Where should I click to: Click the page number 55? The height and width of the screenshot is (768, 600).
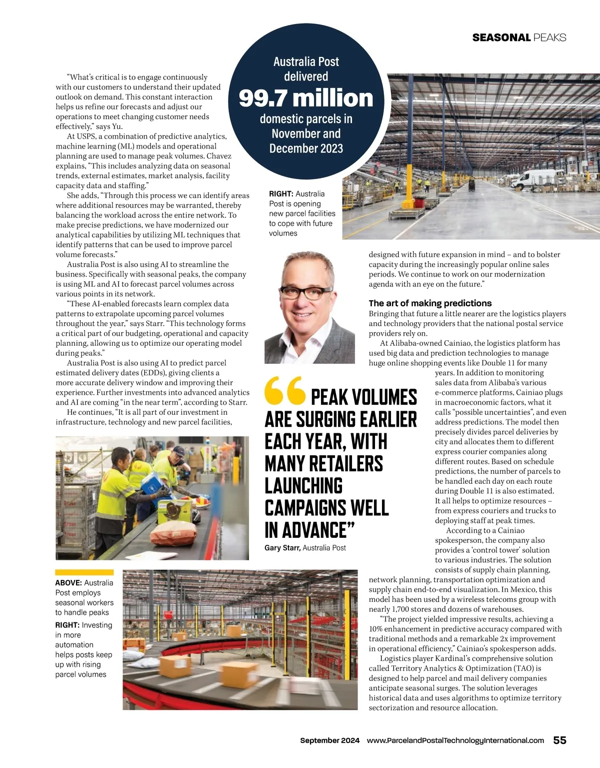pyautogui.click(x=559, y=740)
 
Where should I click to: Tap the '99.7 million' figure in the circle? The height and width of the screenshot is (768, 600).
pyautogui.click(x=306, y=98)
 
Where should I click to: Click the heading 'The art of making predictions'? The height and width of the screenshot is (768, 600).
pyautogui.click(x=430, y=303)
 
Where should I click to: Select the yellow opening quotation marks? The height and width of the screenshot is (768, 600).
pyautogui.click(x=284, y=390)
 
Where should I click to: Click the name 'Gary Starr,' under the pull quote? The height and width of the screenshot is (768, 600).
pyautogui.click(x=282, y=548)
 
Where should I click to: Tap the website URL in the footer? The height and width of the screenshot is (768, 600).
pyautogui.click(x=455, y=740)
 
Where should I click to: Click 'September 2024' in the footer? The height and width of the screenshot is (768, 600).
pyautogui.click(x=329, y=740)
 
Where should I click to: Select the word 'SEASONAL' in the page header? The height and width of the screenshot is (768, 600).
pyautogui.click(x=501, y=38)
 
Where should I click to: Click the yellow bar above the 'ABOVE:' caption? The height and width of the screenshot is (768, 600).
pyautogui.click(x=84, y=572)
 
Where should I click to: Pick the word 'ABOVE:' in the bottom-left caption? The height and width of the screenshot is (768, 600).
pyautogui.click(x=68, y=583)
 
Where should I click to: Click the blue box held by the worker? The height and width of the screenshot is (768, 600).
pyautogui.click(x=152, y=483)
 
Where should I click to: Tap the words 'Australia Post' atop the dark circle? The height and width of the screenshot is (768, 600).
pyautogui.click(x=306, y=62)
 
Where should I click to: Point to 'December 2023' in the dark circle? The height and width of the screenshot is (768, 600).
pyautogui.click(x=306, y=149)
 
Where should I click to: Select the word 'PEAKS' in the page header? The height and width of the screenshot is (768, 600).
pyautogui.click(x=549, y=38)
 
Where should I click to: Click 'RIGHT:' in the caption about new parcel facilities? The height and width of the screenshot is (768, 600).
pyautogui.click(x=281, y=194)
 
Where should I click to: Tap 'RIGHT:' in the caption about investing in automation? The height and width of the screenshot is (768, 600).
pyautogui.click(x=67, y=625)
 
